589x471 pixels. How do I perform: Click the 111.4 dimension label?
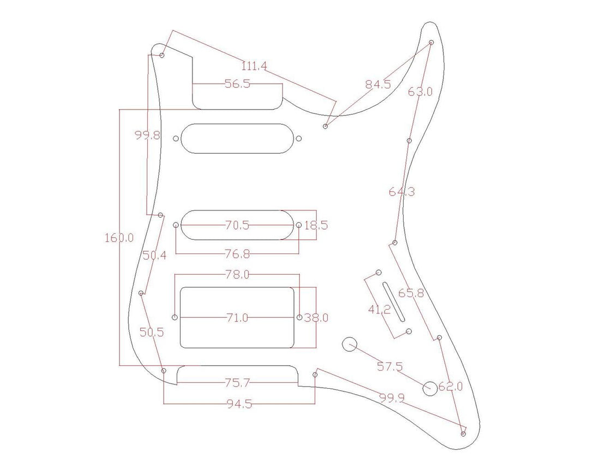tap(254, 67)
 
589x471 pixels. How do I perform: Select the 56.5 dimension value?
tap(237, 84)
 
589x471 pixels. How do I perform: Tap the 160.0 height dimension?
tap(119, 238)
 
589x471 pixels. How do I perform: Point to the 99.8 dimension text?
tap(148, 136)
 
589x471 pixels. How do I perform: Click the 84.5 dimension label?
tap(378, 84)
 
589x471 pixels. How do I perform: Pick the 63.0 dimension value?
tap(420, 92)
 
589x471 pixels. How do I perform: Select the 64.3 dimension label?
tap(401, 191)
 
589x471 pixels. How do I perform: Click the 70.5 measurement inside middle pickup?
tap(237, 225)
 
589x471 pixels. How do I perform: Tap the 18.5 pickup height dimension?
tap(316, 225)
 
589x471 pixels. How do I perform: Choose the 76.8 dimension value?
tap(237, 253)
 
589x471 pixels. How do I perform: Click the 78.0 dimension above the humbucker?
tap(237, 275)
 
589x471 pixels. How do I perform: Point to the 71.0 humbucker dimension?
tap(237, 317)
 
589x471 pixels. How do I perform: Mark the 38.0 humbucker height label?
tap(316, 317)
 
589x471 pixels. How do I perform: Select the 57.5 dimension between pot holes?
tap(389, 366)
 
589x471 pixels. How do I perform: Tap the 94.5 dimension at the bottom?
tap(239, 404)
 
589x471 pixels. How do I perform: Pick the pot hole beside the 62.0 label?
tap(430, 388)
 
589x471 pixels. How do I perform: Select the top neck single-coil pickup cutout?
tap(237, 138)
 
